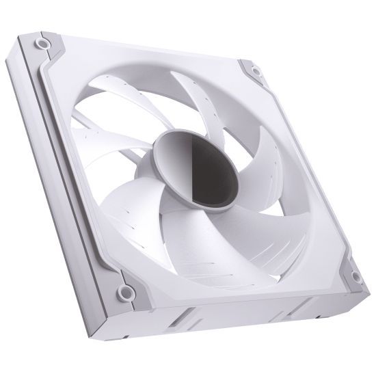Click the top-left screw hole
coord(43,42)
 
